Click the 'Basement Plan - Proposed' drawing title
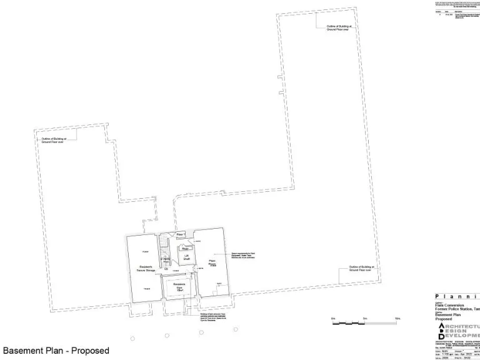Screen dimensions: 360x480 [x=56, y=351]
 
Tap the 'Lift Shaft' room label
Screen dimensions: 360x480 [x=186, y=257]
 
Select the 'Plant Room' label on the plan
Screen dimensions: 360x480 [x=212, y=262]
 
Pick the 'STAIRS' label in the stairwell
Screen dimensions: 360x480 [x=165, y=259]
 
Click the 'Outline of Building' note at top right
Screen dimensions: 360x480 [x=339, y=28]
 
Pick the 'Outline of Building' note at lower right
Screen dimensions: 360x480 [x=361, y=269]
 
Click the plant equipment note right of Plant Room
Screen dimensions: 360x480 [x=243, y=256]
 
